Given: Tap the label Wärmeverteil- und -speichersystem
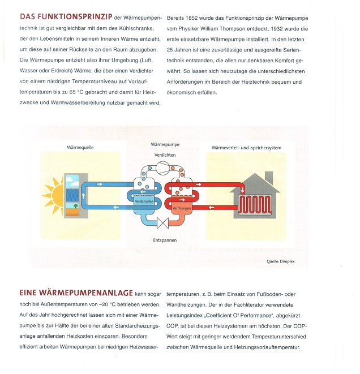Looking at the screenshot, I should (x=246, y=148).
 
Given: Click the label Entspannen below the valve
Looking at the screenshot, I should (x=165, y=240).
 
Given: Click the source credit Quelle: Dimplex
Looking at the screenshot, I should (x=284, y=261).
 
